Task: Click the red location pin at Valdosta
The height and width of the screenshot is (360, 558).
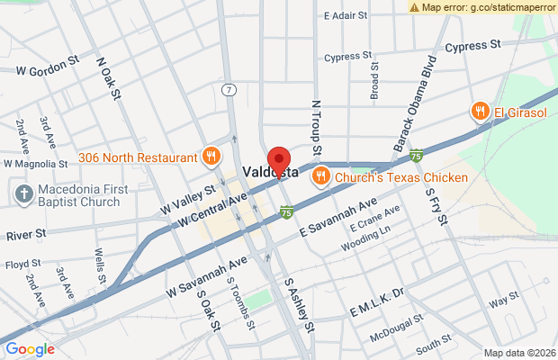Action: click(x=279, y=158)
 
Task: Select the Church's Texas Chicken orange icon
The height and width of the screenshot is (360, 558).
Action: click(x=320, y=177)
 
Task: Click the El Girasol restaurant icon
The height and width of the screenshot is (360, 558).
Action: click(x=481, y=112)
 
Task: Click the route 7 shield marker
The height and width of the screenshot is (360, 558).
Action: click(x=230, y=90)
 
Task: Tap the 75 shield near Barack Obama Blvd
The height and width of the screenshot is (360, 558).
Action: click(x=416, y=157)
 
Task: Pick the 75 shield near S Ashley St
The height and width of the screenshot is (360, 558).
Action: click(x=286, y=213)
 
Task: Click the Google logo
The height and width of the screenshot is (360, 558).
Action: click(x=30, y=349)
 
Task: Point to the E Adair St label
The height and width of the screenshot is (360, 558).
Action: click(x=346, y=15)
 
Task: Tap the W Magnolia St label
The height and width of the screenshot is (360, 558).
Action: click(x=36, y=165)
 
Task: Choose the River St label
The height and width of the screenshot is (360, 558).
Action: click(x=26, y=234)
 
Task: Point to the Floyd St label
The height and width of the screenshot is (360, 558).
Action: click(x=17, y=265)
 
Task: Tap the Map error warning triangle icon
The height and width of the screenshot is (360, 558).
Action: click(x=415, y=6)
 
